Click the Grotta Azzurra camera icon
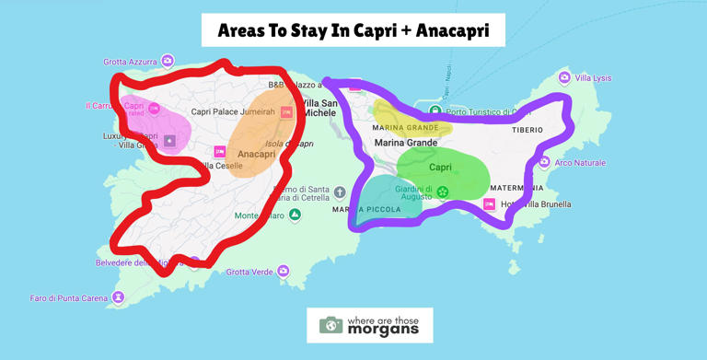(168, 61)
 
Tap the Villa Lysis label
(593, 78)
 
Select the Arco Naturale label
(581, 163)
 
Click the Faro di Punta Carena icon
(118, 297)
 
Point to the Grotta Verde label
(249, 272)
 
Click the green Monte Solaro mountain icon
(295, 215)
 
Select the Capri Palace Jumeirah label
(233, 112)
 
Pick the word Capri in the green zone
(441, 168)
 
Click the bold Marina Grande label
(406, 143)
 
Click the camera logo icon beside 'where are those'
(330, 325)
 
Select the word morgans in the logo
(382, 330)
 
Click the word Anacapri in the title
(452, 30)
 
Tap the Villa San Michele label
(320, 109)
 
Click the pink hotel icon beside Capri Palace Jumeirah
(286, 112)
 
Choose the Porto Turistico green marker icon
(435, 111)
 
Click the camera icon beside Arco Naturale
(544, 163)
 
